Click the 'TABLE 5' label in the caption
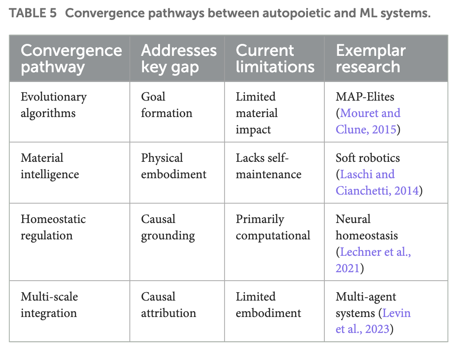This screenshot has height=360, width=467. (33, 13)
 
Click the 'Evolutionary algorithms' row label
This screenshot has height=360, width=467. (53, 105)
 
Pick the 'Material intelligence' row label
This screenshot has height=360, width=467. (50, 166)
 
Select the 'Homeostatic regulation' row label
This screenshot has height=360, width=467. (53, 227)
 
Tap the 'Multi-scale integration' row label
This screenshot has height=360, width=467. (49, 305)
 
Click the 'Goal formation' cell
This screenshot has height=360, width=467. (166, 105)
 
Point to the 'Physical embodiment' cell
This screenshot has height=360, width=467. (173, 166)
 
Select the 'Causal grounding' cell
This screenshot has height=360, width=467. (167, 227)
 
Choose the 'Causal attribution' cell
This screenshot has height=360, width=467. (168, 305)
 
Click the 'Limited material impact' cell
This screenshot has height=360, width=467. (257, 113)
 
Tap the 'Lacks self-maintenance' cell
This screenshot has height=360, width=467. (268, 166)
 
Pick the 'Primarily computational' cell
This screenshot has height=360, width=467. (272, 227)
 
